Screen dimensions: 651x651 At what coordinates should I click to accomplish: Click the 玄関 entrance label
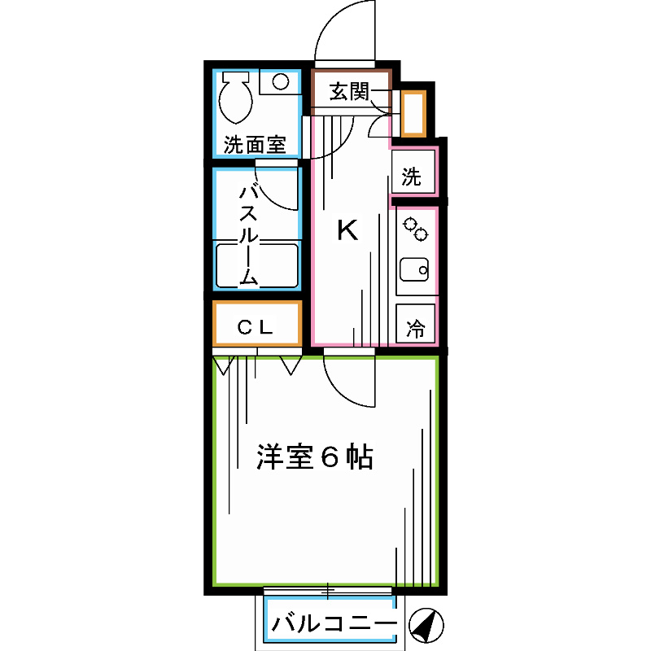(x=349, y=92)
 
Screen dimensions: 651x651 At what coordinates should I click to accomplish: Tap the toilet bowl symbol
(x=235, y=98)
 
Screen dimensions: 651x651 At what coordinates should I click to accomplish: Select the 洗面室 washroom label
(x=255, y=146)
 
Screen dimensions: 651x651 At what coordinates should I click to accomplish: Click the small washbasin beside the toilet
(x=280, y=81)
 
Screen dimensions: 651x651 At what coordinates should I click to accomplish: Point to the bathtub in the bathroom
(x=256, y=264)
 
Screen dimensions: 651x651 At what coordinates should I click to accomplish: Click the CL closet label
(x=256, y=327)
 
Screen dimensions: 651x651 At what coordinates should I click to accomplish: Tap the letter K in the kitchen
(x=347, y=231)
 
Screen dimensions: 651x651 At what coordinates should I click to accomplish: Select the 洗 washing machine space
(x=413, y=177)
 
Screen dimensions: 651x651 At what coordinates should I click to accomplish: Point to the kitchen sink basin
(x=415, y=268)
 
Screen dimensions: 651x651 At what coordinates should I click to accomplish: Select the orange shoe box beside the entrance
(x=413, y=113)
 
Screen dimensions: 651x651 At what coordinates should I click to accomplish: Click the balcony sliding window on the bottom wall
(x=328, y=589)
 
